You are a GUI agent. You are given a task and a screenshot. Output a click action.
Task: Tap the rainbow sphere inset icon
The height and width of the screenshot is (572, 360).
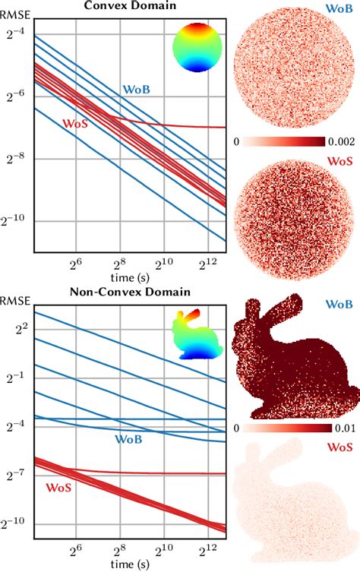196,47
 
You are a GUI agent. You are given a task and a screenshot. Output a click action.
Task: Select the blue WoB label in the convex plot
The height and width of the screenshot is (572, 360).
137,90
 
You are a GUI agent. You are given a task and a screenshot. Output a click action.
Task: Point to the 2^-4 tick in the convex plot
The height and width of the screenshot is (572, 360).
17,33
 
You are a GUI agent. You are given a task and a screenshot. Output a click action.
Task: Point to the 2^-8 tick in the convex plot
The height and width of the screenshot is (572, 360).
17,158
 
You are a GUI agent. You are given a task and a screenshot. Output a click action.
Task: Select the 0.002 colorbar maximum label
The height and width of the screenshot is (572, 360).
339,142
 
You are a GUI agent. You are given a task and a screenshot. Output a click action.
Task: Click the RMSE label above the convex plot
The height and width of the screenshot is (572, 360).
15,12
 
